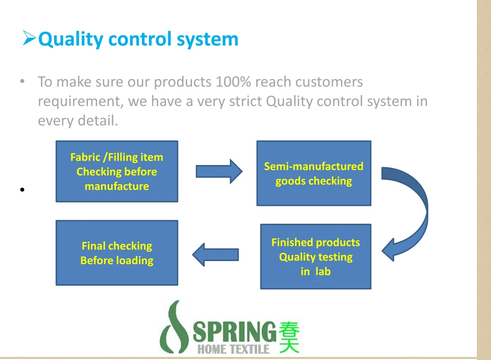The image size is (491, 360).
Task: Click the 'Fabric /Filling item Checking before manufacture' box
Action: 117,171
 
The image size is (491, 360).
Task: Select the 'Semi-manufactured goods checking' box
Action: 314,173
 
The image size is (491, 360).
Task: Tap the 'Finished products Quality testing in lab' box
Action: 316,256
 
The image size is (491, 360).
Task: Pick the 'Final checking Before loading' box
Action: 117,253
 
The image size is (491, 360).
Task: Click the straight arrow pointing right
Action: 219,171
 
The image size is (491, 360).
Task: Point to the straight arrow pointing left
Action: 216,254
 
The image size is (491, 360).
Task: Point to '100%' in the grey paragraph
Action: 233,82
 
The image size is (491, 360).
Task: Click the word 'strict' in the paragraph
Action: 243,101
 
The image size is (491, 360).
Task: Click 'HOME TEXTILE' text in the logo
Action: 233,349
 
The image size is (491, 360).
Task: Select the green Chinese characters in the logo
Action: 288,337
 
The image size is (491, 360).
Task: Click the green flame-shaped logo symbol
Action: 173,328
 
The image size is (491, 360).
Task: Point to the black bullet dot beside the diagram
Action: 22,190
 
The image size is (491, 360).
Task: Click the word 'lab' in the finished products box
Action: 323,271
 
